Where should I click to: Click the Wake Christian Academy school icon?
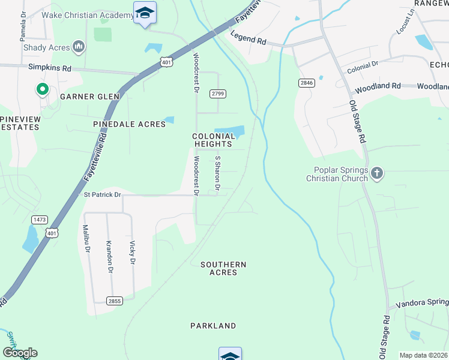[x=145, y=13]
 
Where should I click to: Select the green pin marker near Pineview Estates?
[x=42, y=90]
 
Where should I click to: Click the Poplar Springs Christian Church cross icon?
[x=376, y=174]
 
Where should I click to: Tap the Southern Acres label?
[x=223, y=268]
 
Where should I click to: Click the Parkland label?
[x=213, y=326]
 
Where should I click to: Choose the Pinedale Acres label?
[x=129, y=124]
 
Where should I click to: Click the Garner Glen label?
[x=89, y=96]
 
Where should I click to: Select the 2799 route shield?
[x=217, y=93]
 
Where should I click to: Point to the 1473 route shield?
[x=40, y=220]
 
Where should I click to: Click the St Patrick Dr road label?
[x=102, y=194]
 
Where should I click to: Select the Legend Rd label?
[x=249, y=40]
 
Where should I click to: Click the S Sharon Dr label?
[x=218, y=174]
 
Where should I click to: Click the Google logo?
[x=20, y=353]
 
